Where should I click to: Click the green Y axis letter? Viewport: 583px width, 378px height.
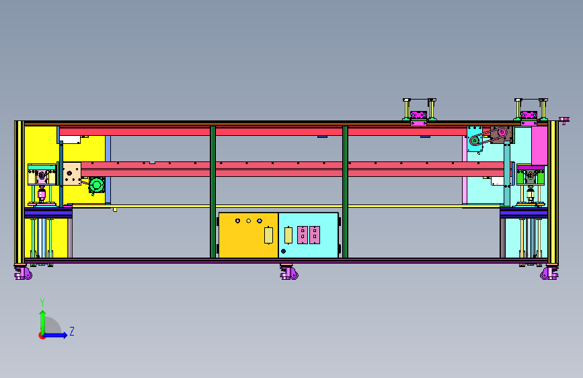(x=42, y=303)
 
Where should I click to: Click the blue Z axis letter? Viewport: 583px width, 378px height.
(x=72, y=331)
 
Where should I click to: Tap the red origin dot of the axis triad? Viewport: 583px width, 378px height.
(x=42, y=336)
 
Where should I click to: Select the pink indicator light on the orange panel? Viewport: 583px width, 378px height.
(x=237, y=221)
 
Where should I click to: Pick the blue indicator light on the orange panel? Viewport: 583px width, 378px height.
(x=260, y=221)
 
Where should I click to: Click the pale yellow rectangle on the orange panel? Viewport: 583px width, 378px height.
(x=268, y=235)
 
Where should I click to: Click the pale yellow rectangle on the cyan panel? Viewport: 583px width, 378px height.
(x=288, y=235)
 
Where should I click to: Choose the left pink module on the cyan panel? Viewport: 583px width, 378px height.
(x=303, y=235)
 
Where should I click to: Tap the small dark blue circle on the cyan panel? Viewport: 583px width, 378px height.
(x=283, y=251)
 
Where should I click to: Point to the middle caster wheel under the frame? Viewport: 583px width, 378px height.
(x=289, y=272)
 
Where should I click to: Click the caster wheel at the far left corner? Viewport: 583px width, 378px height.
(x=23, y=272)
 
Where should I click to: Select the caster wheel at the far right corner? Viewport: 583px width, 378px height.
(x=549, y=272)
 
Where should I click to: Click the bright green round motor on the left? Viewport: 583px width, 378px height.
(x=97, y=185)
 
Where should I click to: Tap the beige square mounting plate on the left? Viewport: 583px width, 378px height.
(x=72, y=174)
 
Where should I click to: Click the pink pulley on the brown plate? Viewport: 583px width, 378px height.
(x=502, y=132)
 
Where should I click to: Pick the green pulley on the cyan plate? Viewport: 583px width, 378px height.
(x=475, y=141)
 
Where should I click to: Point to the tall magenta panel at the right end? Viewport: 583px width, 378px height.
(x=539, y=146)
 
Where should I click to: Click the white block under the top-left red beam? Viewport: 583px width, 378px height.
(x=70, y=139)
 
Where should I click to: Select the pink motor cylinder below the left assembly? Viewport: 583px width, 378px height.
(x=42, y=194)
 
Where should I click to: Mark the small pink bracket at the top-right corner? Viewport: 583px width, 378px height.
(x=564, y=120)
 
